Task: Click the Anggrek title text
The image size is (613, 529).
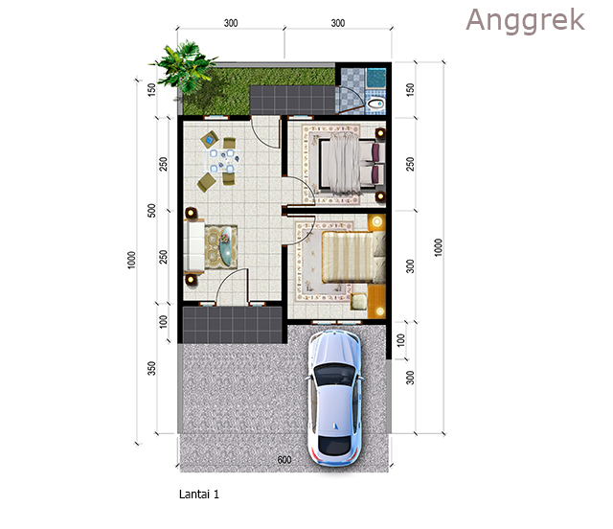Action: coord(525,20)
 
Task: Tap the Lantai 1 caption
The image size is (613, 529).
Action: coord(199,494)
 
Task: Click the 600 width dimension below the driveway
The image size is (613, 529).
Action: coord(284,460)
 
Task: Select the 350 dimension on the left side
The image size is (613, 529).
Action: coord(151,368)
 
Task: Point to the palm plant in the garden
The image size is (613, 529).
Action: coord(183,67)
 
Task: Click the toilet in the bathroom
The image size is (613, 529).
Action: coord(376,104)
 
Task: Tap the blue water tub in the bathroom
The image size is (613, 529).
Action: coord(376,78)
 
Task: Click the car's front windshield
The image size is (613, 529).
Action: coord(334,375)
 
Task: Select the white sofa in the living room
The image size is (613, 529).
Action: coord(194,246)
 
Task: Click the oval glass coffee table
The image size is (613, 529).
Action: coord(226,246)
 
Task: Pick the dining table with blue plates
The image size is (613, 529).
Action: coord(222,160)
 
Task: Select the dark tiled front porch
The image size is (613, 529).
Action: coord(233,325)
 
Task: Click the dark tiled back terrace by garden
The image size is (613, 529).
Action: coord(292,101)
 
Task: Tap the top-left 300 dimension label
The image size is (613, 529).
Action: coord(231,23)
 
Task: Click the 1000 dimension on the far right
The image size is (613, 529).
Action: coord(439,247)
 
